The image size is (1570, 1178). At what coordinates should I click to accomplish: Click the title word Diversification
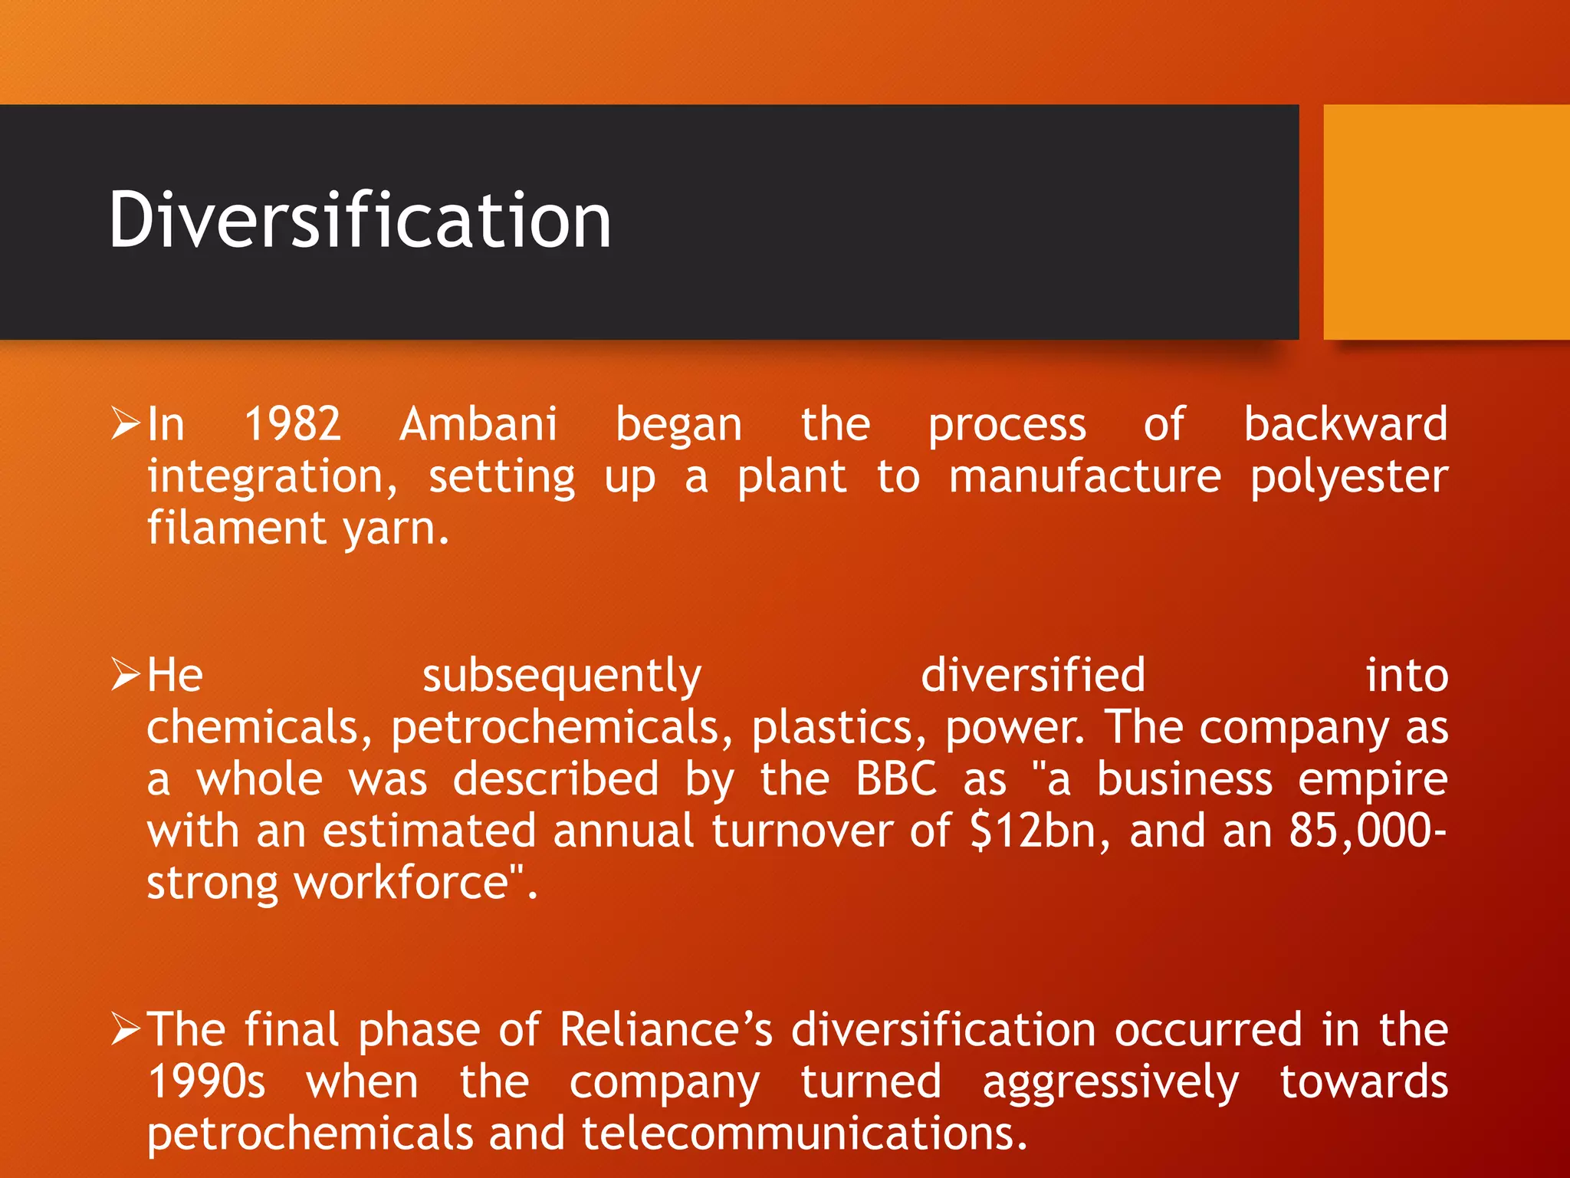tap(360, 221)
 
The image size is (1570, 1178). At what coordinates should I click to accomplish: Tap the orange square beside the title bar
tap(1446, 222)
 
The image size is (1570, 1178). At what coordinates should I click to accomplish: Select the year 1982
tap(292, 424)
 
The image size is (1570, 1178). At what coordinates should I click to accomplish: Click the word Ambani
tap(478, 424)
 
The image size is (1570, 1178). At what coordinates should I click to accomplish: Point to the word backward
tap(1345, 424)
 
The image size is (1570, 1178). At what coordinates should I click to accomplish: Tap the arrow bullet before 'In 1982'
tap(126, 423)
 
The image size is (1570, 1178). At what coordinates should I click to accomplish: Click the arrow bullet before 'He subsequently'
tap(126, 674)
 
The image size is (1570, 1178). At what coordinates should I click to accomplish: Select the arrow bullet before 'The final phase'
tap(126, 1028)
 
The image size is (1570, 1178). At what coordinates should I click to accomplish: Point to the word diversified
tap(1033, 676)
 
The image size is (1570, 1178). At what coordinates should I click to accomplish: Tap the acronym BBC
tap(896, 779)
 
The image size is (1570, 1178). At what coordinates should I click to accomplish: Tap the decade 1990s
tap(206, 1082)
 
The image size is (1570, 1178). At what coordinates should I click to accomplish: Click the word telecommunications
tap(803, 1134)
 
